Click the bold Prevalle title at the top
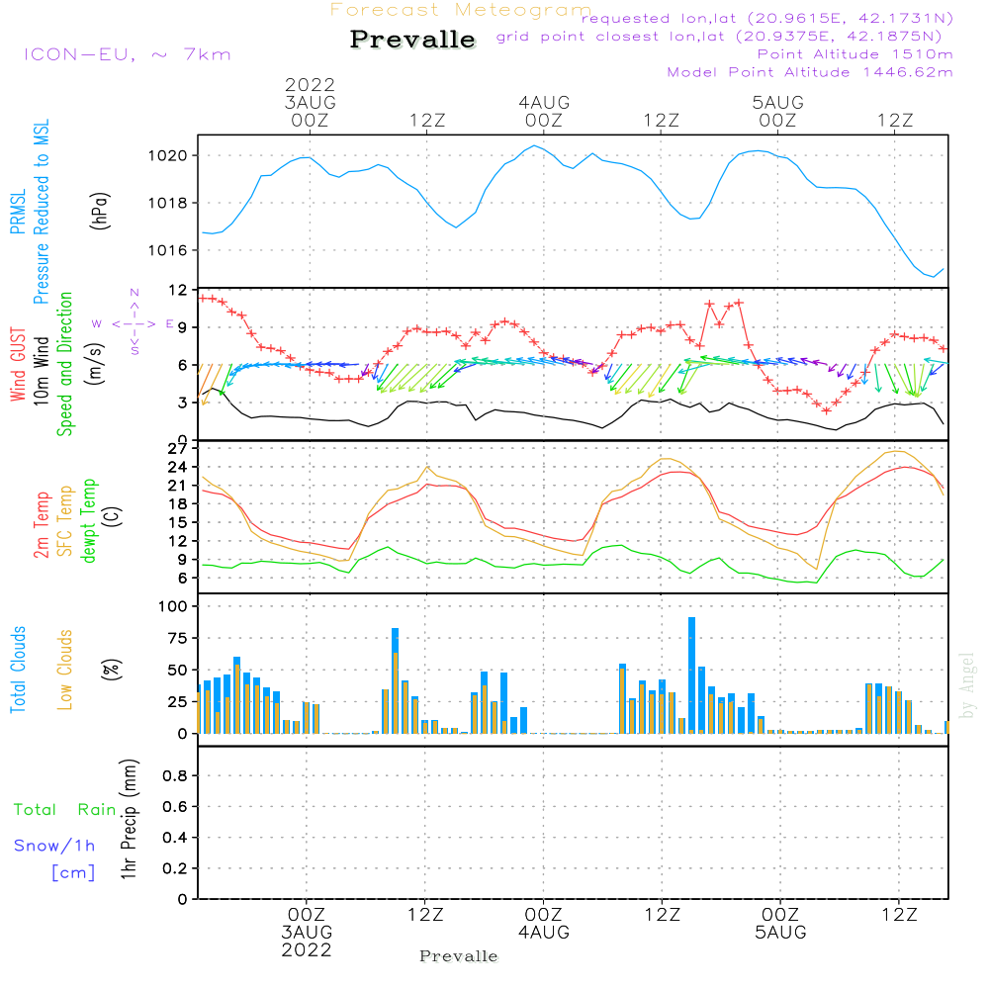pos(412,40)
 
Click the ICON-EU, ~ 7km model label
pos(127,54)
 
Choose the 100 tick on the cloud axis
pos(174,605)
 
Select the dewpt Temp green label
pos(90,521)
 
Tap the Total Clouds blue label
pos(19,670)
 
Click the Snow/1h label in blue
pos(55,846)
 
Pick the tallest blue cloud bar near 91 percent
pos(691,673)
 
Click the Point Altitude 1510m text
pos(854,53)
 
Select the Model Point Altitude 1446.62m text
pos(810,72)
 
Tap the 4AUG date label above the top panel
pos(544,102)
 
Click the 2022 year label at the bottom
pos(307,949)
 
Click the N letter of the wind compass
pos(135,293)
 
